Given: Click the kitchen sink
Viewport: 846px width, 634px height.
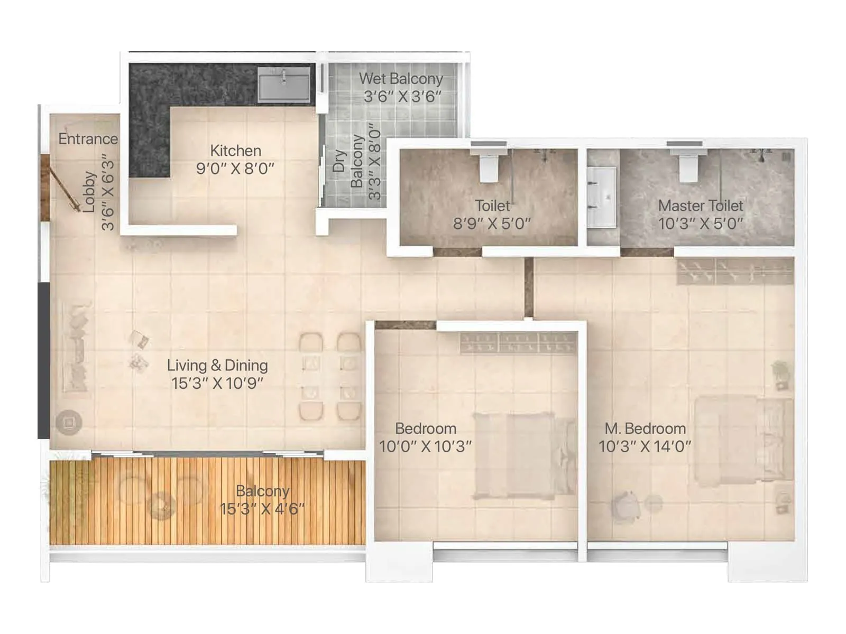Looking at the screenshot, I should click(x=284, y=85).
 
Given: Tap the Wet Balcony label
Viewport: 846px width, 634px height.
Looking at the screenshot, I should click(x=401, y=79).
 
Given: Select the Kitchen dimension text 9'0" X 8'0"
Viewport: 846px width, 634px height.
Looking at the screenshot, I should click(x=235, y=169).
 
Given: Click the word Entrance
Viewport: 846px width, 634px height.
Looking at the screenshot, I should click(x=88, y=139).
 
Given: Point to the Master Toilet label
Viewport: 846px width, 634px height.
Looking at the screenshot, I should click(x=701, y=206).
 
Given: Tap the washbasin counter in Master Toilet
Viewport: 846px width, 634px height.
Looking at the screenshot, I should click(x=602, y=197).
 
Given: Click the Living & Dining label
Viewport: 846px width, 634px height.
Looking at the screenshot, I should click(x=217, y=365).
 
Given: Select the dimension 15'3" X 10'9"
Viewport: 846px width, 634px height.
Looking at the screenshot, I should click(x=217, y=383).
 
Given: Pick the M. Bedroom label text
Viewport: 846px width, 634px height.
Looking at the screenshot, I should click(x=645, y=428).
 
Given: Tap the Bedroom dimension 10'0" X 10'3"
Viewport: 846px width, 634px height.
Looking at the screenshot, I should click(x=425, y=446).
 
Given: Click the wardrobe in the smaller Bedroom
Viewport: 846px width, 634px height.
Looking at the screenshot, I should click(x=518, y=343).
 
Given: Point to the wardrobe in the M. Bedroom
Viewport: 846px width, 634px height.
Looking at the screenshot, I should click(x=735, y=272).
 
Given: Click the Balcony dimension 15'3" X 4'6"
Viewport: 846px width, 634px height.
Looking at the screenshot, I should click(x=262, y=509).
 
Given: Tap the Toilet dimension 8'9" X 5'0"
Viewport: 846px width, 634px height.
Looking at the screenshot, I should click(x=492, y=223).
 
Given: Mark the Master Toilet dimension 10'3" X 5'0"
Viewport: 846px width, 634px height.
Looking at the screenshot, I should click(x=701, y=223).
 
